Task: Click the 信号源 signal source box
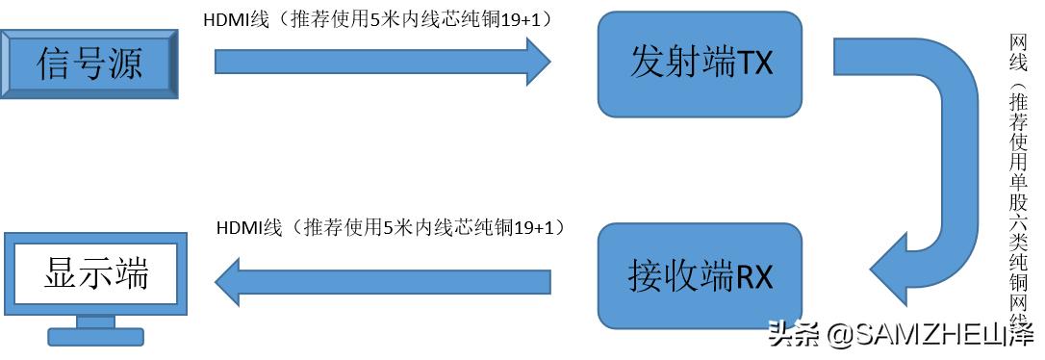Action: (89, 64)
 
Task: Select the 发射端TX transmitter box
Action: (700, 64)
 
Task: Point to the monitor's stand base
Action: (95, 336)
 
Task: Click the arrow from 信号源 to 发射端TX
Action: (380, 62)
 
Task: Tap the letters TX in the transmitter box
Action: (756, 64)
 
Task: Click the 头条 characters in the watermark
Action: (795, 335)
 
